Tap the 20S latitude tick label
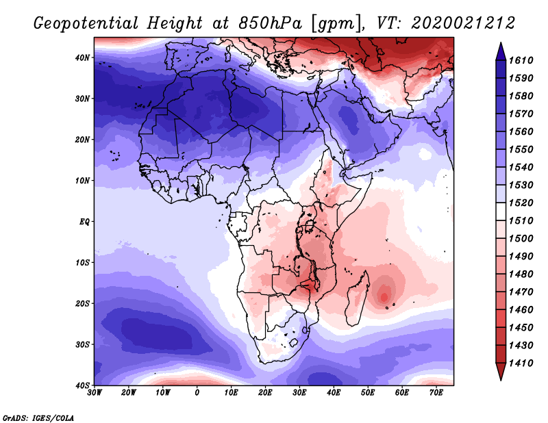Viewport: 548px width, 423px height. tap(82, 303)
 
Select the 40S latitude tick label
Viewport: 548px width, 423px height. tap(82, 385)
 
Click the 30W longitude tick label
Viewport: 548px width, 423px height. tap(95, 393)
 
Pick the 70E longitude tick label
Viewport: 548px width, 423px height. tap(436, 393)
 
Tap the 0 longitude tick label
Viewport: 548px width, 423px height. tap(197, 393)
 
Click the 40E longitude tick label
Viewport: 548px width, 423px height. tap(334, 393)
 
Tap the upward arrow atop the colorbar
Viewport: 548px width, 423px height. tap(501, 50)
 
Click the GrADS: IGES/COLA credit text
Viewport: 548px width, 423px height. tap(38, 417)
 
